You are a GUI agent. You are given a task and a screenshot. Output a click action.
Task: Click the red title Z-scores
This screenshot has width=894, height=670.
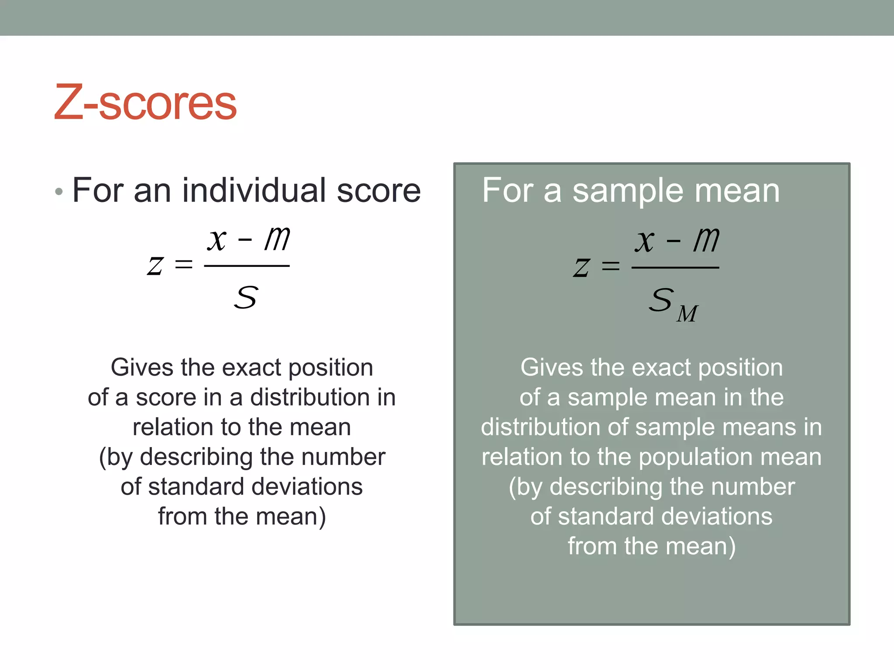[x=145, y=103]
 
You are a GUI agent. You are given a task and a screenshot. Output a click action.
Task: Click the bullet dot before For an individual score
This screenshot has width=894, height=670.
[x=59, y=191]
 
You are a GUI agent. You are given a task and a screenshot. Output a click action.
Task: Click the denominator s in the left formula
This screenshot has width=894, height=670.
[x=246, y=297]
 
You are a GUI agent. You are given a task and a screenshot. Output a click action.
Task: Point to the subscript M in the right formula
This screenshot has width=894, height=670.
[x=687, y=314]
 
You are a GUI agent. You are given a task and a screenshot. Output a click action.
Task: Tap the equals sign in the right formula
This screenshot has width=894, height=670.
[x=610, y=266]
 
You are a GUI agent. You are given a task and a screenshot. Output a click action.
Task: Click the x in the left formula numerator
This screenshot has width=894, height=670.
[x=217, y=239]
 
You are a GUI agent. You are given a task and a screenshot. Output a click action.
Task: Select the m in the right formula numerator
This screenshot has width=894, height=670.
[x=706, y=239]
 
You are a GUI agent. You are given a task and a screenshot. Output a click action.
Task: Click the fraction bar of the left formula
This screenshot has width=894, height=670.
[x=247, y=266]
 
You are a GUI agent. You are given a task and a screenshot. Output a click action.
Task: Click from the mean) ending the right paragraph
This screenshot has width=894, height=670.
[x=651, y=546]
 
